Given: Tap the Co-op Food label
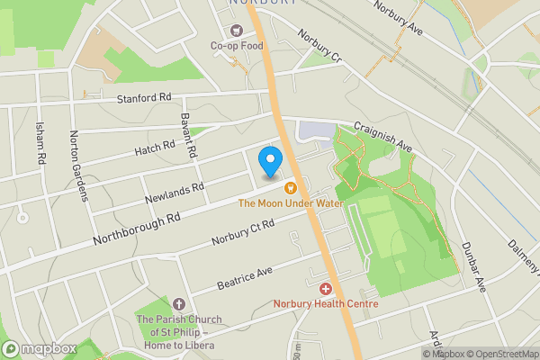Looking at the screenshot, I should click(x=237, y=46).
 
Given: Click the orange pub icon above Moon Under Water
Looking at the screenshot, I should click(x=290, y=188).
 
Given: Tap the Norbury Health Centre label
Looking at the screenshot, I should click(x=326, y=303).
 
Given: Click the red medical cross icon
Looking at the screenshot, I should click(x=326, y=289).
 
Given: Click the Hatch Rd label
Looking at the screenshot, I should click(x=155, y=147).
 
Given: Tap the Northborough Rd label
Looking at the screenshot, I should click(x=137, y=229).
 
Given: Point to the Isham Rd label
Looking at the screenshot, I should click(x=40, y=145).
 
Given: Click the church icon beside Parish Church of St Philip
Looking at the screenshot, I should click(x=179, y=304).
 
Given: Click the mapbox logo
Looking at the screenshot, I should click(x=40, y=348).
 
